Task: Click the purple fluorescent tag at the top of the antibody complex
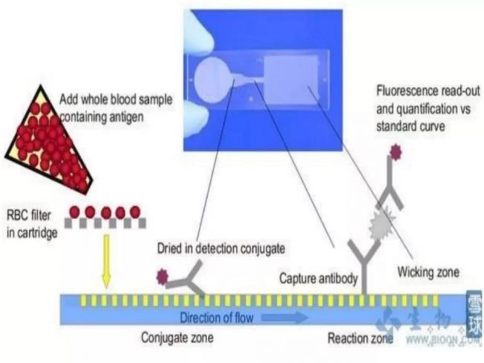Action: click(395, 153)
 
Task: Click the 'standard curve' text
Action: click(410, 126)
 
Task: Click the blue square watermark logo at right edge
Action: click(474, 314)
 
